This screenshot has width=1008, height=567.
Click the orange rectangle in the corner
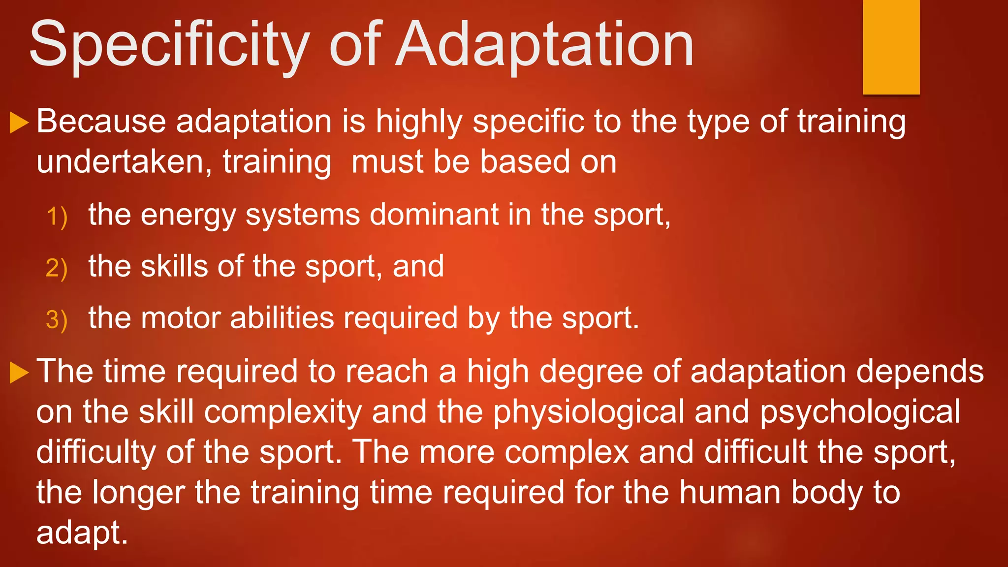click(x=891, y=47)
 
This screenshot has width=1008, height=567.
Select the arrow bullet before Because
click(x=19, y=123)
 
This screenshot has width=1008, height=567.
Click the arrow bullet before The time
click(x=19, y=373)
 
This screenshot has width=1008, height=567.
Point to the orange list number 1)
click(x=57, y=217)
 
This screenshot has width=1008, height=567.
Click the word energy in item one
click(x=189, y=216)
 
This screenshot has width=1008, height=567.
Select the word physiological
click(x=589, y=412)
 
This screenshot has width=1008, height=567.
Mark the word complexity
click(x=283, y=412)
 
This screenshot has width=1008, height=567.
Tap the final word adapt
click(x=82, y=533)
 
